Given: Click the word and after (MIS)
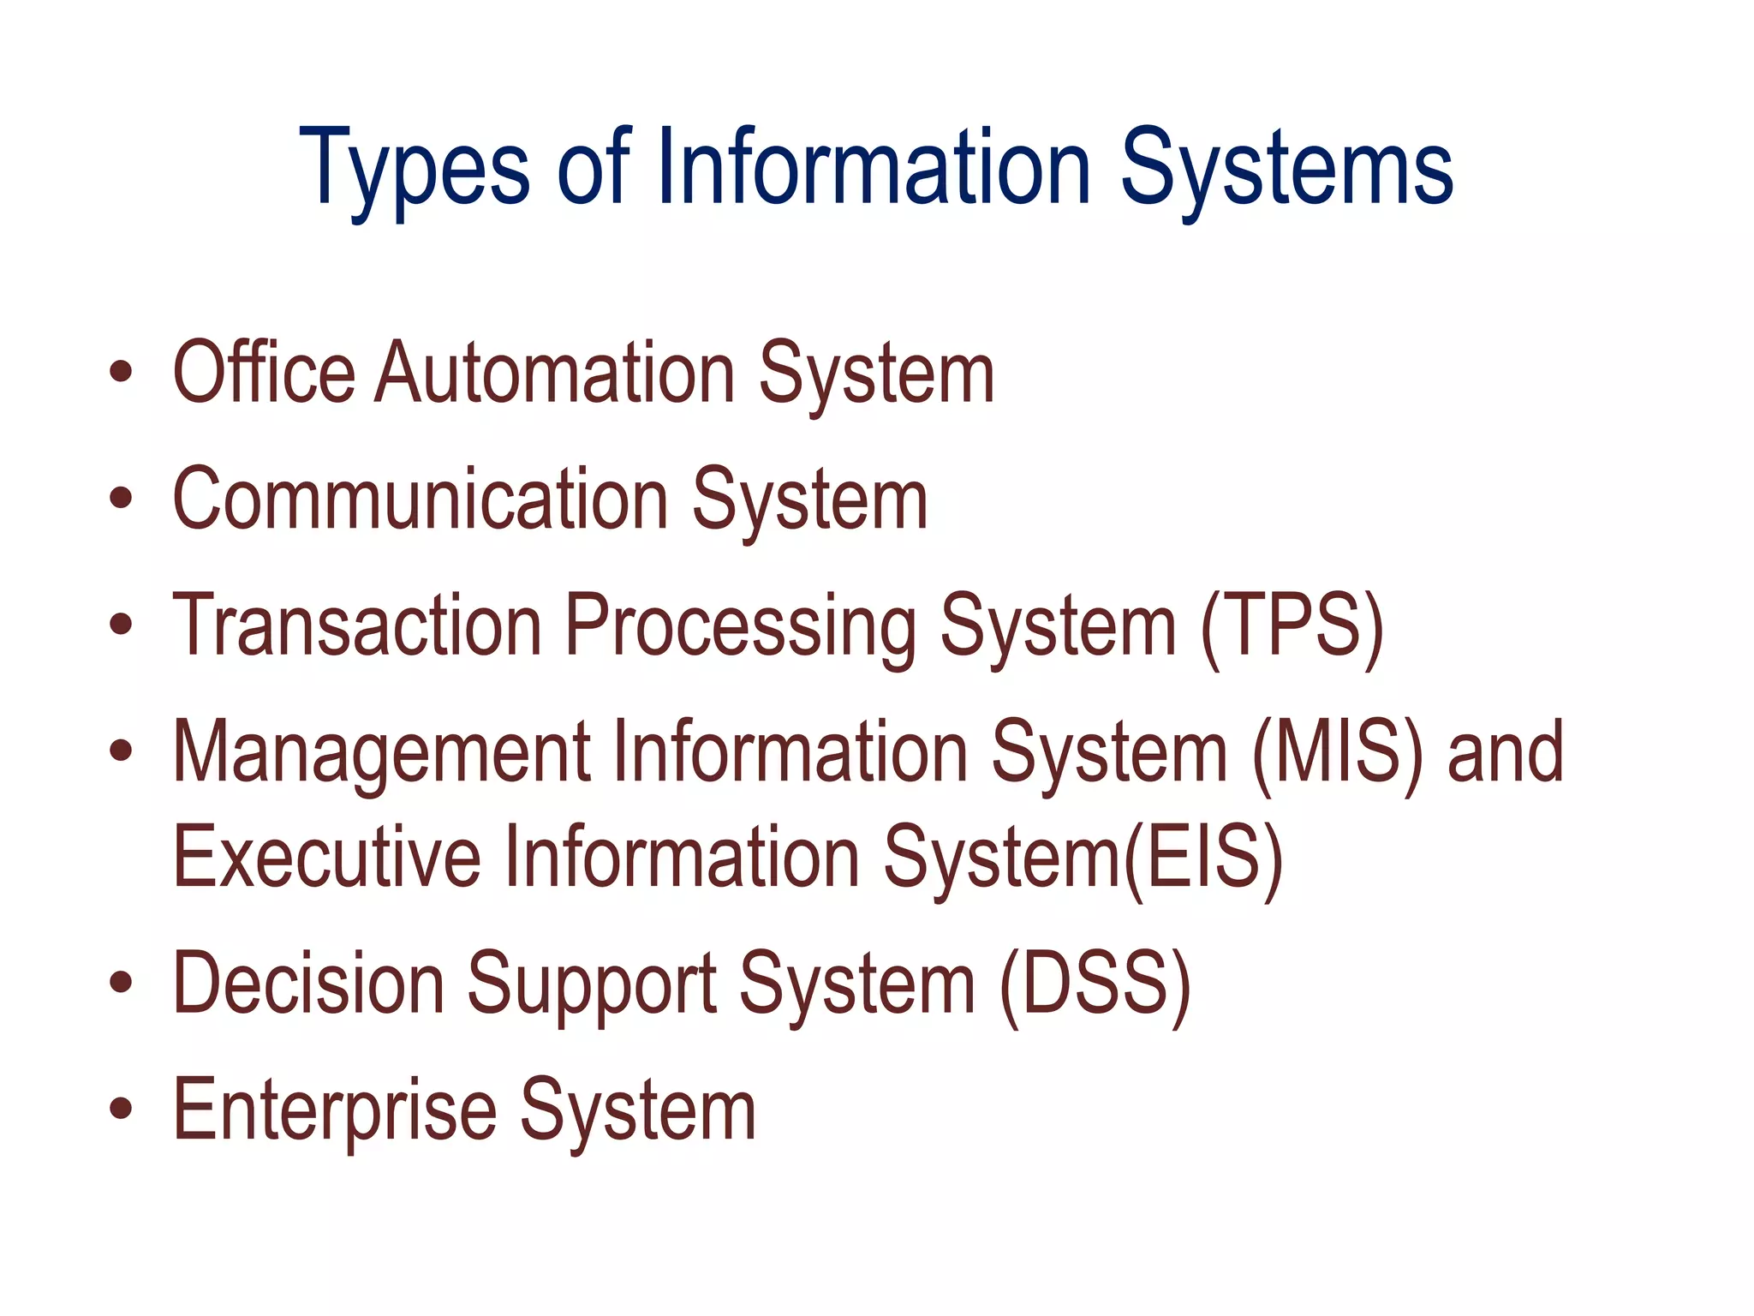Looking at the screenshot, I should [1505, 752].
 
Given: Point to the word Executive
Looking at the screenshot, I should [326, 856].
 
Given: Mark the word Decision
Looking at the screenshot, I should [308, 984].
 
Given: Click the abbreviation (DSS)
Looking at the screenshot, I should [1095, 984].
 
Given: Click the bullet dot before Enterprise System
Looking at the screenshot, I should [122, 1109].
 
